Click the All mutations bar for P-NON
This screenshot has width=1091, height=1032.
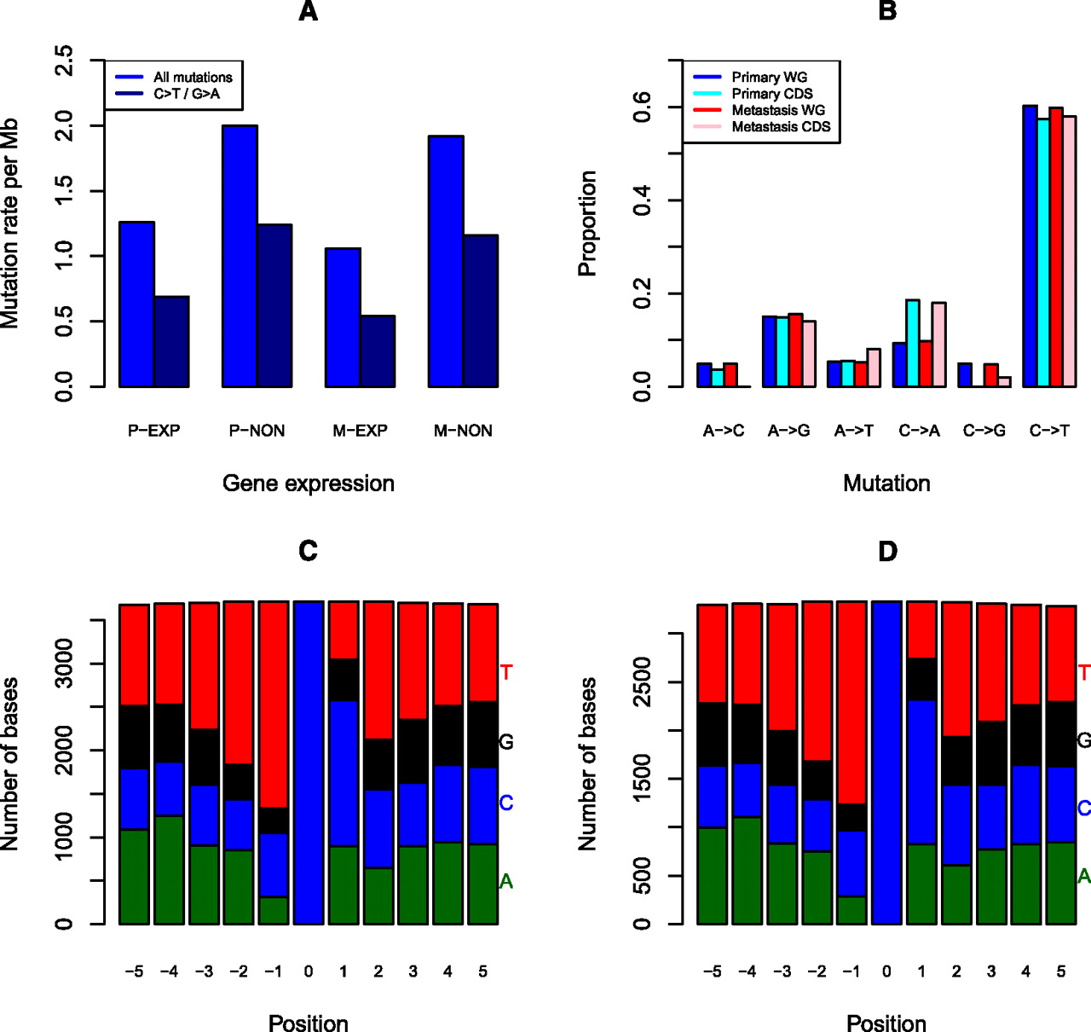(240, 256)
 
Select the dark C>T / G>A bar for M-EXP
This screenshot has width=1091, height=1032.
(378, 351)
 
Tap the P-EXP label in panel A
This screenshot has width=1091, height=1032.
(154, 431)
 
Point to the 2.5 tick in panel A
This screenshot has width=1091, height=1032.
(64, 61)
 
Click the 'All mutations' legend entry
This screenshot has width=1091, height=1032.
(193, 77)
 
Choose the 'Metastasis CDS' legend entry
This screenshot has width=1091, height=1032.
(781, 127)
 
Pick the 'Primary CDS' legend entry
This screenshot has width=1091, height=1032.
(772, 94)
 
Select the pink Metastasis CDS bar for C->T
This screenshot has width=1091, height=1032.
(1069, 252)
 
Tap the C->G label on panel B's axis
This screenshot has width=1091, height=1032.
(984, 431)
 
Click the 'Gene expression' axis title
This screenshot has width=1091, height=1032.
(309, 484)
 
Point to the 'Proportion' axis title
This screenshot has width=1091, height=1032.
(587, 223)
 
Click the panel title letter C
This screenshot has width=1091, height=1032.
(309, 552)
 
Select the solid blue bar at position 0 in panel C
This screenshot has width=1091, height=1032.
(309, 762)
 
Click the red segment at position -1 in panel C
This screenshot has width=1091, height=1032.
(274, 704)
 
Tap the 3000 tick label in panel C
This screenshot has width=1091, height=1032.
(64, 664)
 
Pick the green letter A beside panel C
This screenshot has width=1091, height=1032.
(506, 882)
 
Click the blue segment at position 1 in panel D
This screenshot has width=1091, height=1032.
(921, 772)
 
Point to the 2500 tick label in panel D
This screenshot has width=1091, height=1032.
(642, 681)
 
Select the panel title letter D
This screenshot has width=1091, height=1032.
(887, 552)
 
